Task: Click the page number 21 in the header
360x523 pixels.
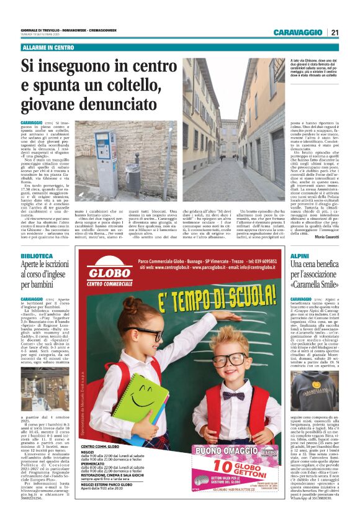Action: [x=335, y=32]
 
